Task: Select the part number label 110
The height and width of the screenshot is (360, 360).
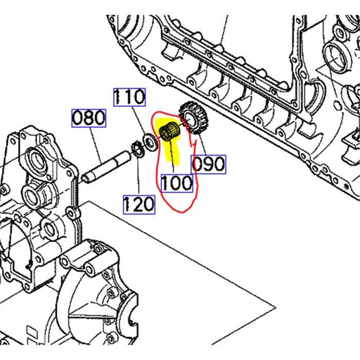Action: pos(130,97)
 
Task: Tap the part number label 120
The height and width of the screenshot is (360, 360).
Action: pos(139,205)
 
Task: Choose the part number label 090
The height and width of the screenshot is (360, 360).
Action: pos(209,165)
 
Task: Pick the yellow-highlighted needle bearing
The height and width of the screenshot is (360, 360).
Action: pos(169,133)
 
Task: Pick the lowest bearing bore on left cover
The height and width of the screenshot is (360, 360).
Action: pos(49,226)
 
